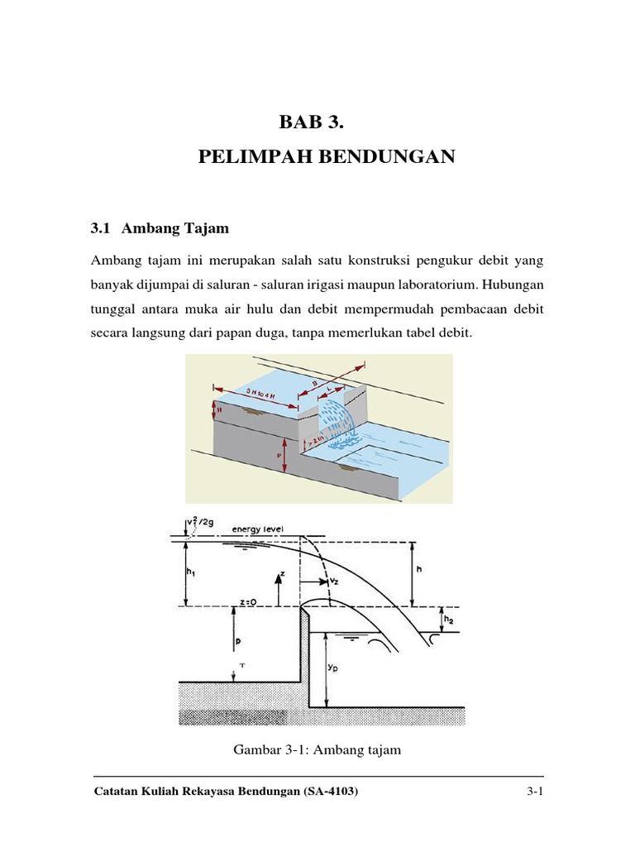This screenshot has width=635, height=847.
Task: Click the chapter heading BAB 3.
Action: click(x=310, y=123)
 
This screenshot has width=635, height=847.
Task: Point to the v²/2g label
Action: click(x=195, y=523)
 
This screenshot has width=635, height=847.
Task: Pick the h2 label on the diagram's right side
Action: click(x=447, y=619)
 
